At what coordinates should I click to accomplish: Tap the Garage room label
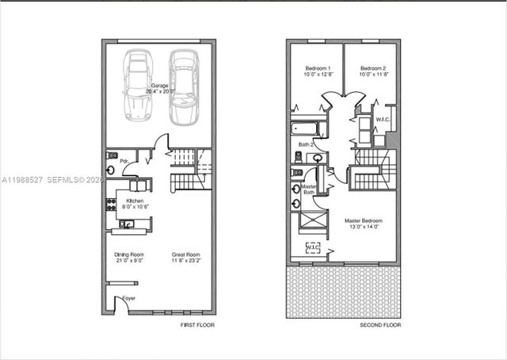(x=159, y=87)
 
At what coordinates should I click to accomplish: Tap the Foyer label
(x=128, y=299)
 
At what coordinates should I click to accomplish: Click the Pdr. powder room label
(x=124, y=161)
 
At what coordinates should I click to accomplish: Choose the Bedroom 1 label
(x=317, y=71)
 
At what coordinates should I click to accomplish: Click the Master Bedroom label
(x=364, y=223)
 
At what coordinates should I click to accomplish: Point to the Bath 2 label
(x=307, y=145)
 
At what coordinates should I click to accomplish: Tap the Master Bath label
(x=309, y=190)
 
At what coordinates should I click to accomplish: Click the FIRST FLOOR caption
(x=198, y=325)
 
